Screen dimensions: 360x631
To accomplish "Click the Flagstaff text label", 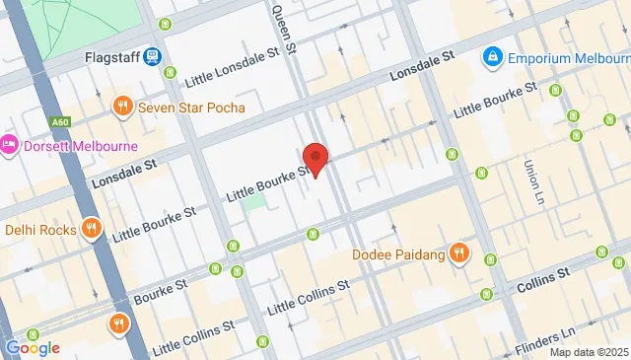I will point(108,57).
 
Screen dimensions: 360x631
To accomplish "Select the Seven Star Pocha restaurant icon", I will point(123,106).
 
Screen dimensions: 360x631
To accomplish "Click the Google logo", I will point(33,347).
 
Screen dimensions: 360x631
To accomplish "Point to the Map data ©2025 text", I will point(588,352).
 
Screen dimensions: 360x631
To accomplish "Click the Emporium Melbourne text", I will point(568,58).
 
